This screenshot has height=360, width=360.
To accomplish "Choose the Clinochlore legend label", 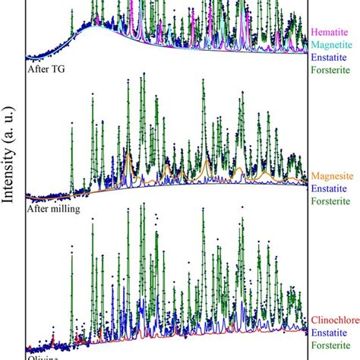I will coord(334,320).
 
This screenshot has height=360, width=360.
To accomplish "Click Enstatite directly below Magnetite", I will coord(332,58).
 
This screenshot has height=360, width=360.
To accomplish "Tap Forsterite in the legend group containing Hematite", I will coord(332,73).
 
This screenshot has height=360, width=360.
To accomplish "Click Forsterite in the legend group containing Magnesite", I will coord(332,203).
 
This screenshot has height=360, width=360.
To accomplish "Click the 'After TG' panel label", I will coord(44,68).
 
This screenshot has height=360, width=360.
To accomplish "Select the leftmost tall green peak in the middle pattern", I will coord(71,122).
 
